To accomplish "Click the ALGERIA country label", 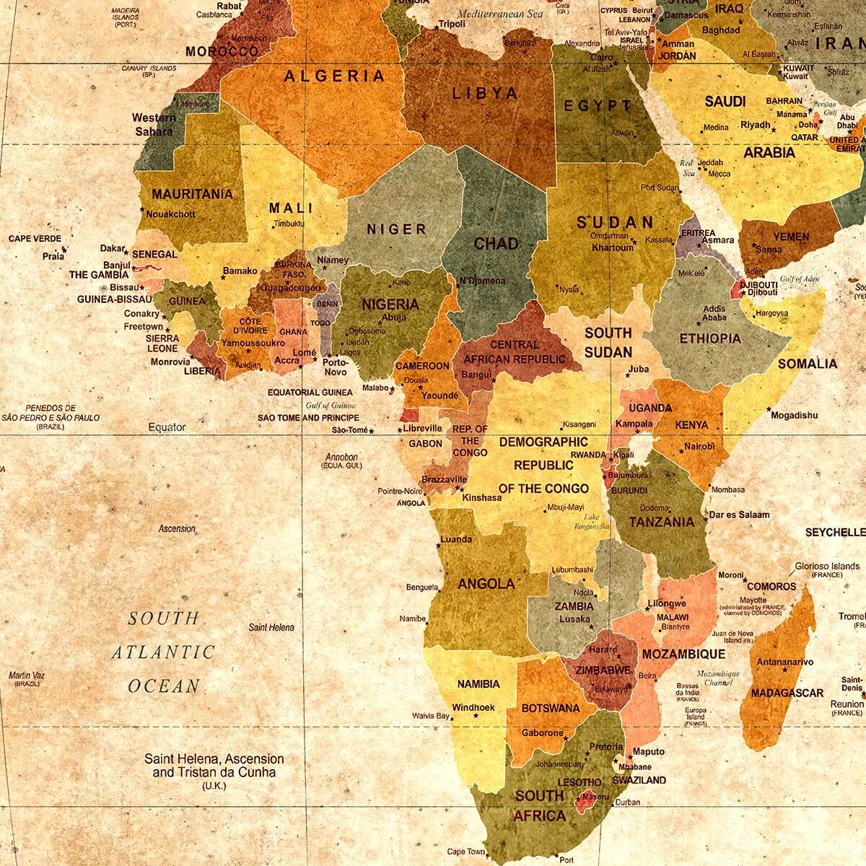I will point(334,76).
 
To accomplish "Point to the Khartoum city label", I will point(613,248).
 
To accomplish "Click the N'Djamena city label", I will point(482,281).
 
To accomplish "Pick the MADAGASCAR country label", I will point(787,693).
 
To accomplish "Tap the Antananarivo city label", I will point(784,662).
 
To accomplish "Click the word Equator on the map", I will point(167,427).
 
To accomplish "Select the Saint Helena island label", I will point(271,628).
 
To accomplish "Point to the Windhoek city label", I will point(473,707).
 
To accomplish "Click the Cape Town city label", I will point(465,851).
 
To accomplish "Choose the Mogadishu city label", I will point(795,415).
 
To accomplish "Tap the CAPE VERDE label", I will point(35,239).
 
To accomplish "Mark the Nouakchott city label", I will point(170,214).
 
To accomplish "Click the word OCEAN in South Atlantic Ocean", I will point(164,686).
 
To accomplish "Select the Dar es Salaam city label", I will point(739,515).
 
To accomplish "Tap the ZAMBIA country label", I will point(574,607).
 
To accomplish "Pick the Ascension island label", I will point(177,528).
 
